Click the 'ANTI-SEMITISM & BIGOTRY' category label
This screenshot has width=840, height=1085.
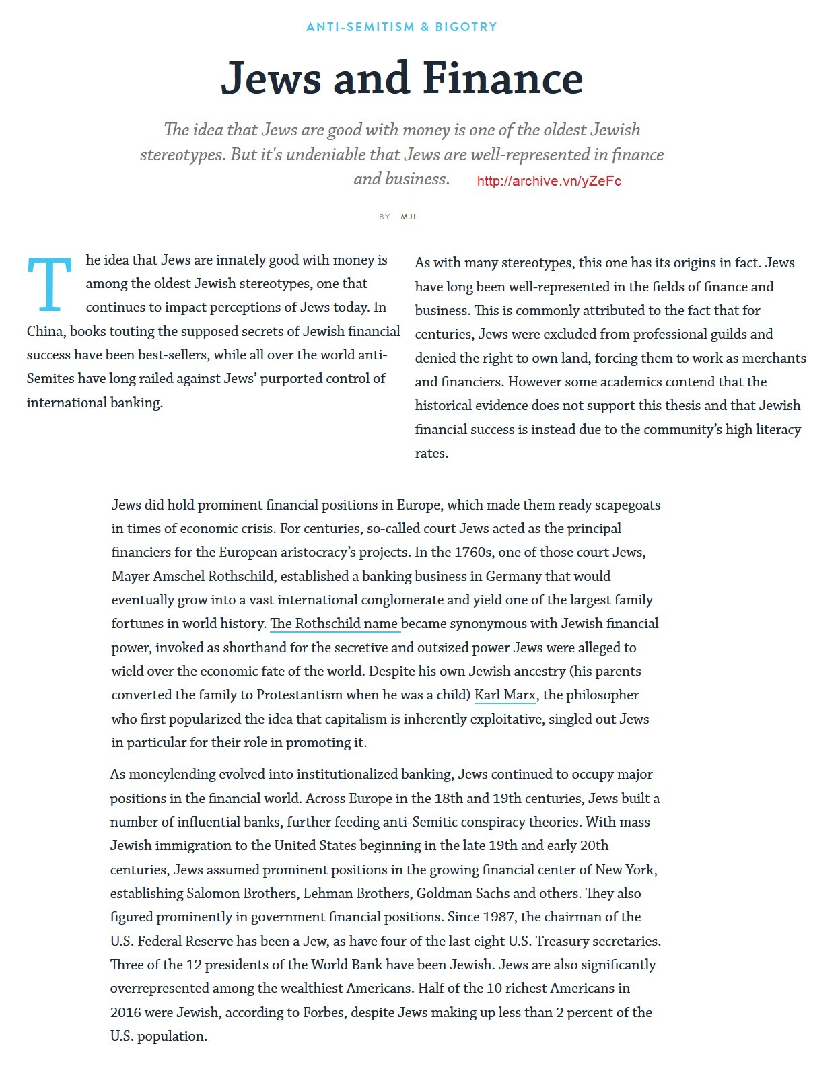pos(402,27)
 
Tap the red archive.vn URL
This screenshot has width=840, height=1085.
pos(549,181)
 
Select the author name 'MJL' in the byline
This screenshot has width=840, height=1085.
pos(409,217)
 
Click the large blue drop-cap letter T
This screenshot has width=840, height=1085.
pos(49,285)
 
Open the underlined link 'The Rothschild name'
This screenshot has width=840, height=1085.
pos(335,624)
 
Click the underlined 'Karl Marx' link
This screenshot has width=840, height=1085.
pos(505,695)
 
